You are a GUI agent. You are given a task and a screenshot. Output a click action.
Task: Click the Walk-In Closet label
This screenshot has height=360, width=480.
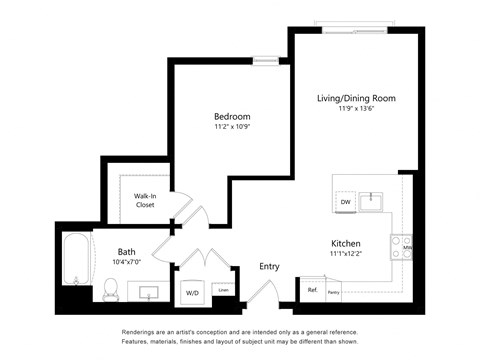pyautogui.click(x=146, y=201)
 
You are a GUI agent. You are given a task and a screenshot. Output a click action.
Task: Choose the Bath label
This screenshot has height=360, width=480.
pyautogui.click(x=126, y=252)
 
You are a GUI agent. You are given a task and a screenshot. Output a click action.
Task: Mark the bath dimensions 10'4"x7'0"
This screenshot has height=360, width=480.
pyautogui.click(x=127, y=264)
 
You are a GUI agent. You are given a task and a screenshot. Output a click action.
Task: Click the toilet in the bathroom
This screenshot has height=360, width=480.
pyautogui.click(x=111, y=289)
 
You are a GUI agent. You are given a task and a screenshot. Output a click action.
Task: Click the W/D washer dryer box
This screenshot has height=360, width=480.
pyautogui.click(x=192, y=293)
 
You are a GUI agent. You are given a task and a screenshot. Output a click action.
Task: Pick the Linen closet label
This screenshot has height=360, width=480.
pyautogui.click(x=224, y=292)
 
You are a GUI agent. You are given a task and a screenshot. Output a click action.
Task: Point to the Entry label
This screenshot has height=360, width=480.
pyautogui.click(x=269, y=266)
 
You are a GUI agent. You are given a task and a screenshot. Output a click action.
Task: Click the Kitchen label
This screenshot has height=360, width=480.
pyautogui.click(x=346, y=244)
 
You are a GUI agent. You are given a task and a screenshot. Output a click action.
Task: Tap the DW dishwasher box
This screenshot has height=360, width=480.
pyautogui.click(x=345, y=202)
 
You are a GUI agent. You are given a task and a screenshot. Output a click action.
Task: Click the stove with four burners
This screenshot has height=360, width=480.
pyautogui.click(x=400, y=247)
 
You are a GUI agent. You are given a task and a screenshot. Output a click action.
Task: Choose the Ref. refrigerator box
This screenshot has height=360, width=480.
pyautogui.click(x=312, y=291)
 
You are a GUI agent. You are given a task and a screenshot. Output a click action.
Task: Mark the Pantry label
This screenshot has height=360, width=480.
pyautogui.click(x=333, y=292)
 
